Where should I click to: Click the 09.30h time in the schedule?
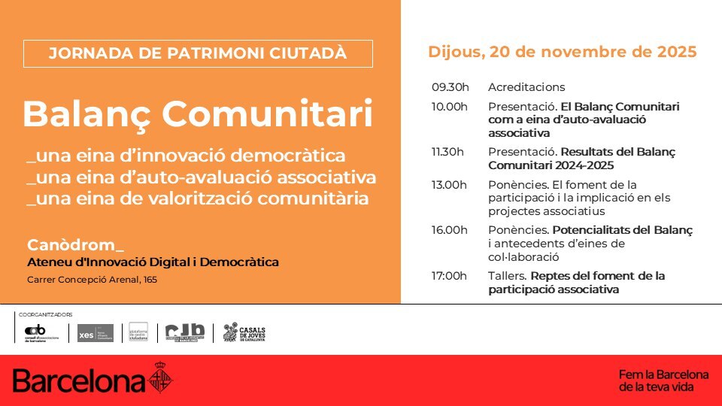pyautogui.click(x=450, y=87)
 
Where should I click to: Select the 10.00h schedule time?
pyautogui.click(x=450, y=106)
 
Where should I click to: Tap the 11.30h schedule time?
pyautogui.click(x=448, y=152)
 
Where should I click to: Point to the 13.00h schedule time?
pyautogui.click(x=449, y=184)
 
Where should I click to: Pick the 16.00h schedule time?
pyautogui.click(x=450, y=230)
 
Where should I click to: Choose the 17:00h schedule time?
pyautogui.click(x=450, y=276)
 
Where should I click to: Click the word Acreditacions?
pyautogui.click(x=526, y=87)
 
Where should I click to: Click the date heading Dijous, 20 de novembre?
pyautogui.click(x=562, y=52)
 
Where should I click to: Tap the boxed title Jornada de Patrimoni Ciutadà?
pyautogui.click(x=198, y=53)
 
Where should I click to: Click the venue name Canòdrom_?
pyautogui.click(x=75, y=245)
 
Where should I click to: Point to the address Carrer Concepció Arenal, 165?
pyautogui.click(x=92, y=280)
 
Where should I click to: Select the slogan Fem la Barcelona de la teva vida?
pyautogui.click(x=663, y=380)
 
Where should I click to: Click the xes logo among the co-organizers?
pyautogui.click(x=96, y=333)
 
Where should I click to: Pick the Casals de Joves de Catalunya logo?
pyautogui.click(x=244, y=333)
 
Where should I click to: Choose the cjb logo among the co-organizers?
pyautogui.click(x=185, y=333)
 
